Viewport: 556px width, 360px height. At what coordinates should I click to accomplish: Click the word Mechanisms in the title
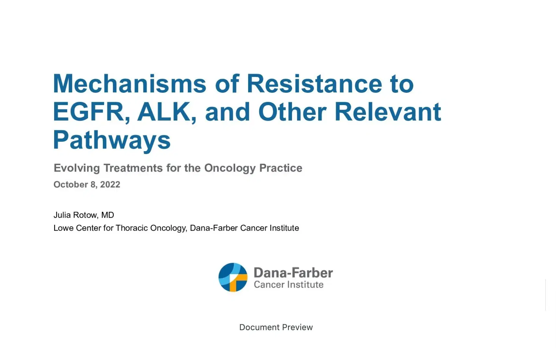click(129, 84)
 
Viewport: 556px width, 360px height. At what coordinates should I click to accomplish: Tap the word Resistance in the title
click(314, 84)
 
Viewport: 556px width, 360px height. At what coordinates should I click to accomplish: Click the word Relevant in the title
click(388, 112)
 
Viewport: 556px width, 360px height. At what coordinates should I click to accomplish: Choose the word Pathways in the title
click(112, 140)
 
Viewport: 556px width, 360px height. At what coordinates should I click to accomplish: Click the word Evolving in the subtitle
click(77, 168)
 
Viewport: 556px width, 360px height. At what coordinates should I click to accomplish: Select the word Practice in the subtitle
click(281, 168)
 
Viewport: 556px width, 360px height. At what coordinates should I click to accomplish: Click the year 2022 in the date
click(110, 185)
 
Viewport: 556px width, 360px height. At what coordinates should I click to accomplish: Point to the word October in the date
click(71, 185)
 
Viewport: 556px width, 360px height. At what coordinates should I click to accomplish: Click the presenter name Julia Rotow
click(75, 215)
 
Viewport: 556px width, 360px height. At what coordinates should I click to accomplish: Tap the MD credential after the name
click(107, 215)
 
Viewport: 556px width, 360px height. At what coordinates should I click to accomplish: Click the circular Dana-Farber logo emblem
click(233, 277)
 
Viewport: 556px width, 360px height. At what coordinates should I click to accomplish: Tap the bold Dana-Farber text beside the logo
click(293, 273)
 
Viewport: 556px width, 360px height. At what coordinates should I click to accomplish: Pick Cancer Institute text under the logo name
click(288, 285)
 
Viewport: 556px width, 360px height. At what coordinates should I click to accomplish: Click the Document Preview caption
click(276, 327)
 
